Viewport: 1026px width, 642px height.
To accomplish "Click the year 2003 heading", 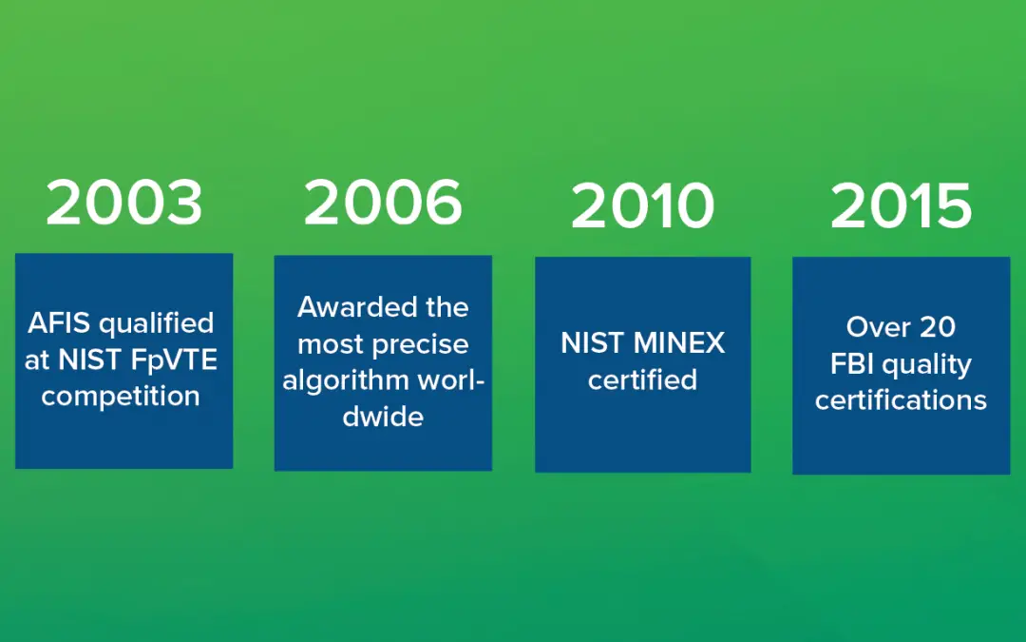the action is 124,204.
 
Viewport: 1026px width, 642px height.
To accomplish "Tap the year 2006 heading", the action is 383,204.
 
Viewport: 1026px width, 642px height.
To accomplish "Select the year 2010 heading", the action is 642,206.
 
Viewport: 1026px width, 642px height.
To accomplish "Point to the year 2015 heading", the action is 901,206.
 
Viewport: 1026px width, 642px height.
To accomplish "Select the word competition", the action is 121,396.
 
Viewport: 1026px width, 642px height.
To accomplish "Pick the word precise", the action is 426,344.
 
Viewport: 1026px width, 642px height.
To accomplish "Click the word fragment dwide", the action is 383,417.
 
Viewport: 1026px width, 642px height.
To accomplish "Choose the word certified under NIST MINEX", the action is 642,379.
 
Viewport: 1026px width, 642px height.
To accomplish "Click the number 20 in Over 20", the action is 938,327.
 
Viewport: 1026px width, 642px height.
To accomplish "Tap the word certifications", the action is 901,400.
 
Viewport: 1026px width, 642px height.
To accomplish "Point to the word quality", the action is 926,365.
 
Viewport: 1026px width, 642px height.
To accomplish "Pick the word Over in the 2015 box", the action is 879,327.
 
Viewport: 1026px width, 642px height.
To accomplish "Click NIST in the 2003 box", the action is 90,360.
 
